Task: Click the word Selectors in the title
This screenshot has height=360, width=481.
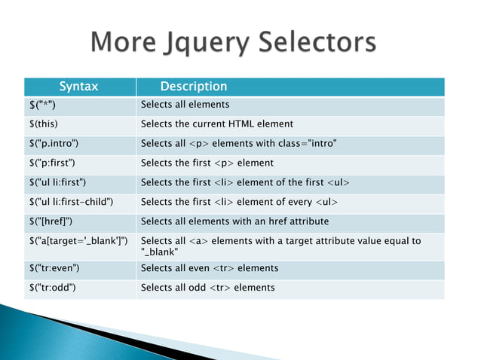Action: pyautogui.click(x=317, y=42)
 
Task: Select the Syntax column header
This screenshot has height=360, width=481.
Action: pyautogui.click(x=79, y=87)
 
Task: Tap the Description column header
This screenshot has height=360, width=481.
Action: pyautogui.click(x=194, y=87)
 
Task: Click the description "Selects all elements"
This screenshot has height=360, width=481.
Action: pyautogui.click(x=185, y=105)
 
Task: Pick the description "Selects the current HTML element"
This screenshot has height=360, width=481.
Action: pyautogui.click(x=217, y=124)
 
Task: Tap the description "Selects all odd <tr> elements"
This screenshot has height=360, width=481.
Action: pyautogui.click(x=208, y=288)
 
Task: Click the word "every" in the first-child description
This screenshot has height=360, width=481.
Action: pyautogui.click(x=299, y=202)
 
